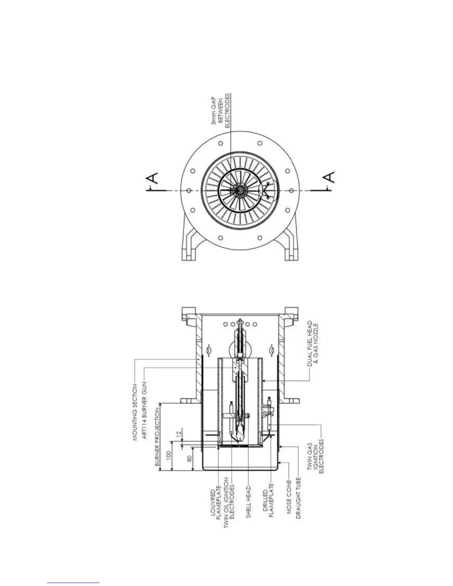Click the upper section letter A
(153, 178)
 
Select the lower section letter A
(329, 178)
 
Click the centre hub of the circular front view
(240, 190)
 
